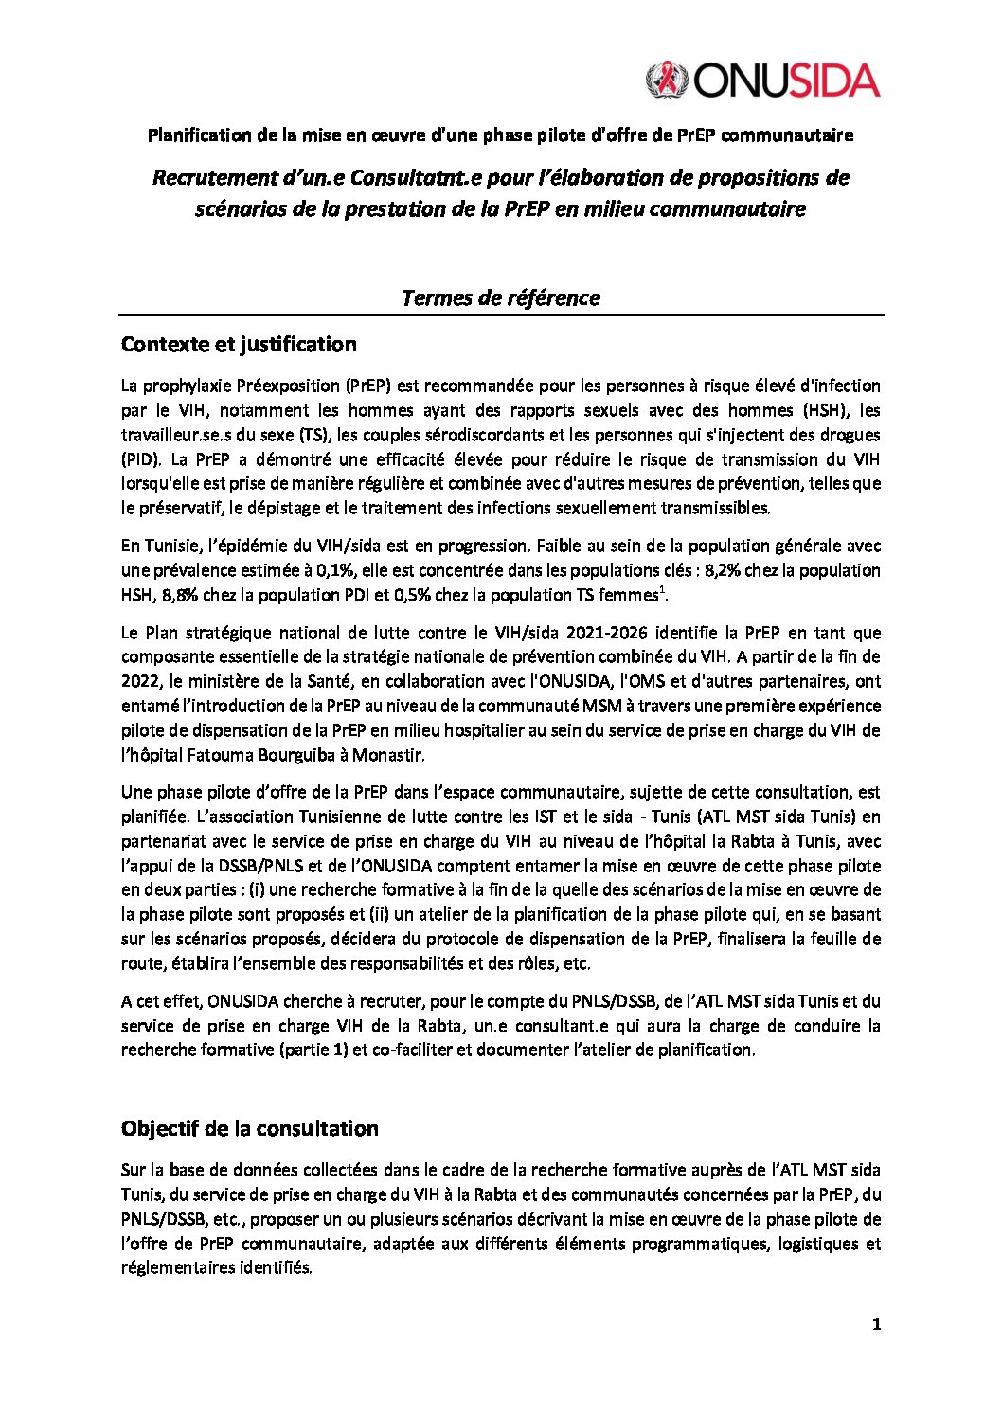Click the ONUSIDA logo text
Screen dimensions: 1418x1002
point(787,80)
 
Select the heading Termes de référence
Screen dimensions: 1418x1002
point(500,297)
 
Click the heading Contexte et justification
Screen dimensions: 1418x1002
point(239,344)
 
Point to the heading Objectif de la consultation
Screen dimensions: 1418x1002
point(249,1128)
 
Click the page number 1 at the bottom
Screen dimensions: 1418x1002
point(877,1325)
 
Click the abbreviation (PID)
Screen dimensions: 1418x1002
point(140,459)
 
